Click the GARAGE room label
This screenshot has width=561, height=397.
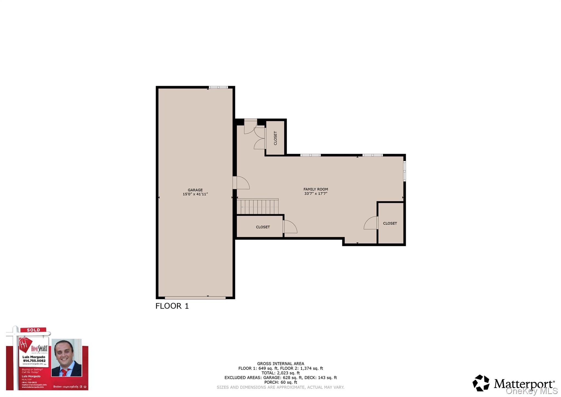tap(195, 190)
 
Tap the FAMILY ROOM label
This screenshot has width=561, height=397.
tap(316, 189)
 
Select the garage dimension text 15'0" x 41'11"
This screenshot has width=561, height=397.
tap(195, 194)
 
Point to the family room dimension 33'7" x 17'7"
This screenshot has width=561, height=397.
tap(316, 193)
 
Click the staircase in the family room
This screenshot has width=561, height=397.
tap(257, 207)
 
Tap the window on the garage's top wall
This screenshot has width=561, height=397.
tap(218, 87)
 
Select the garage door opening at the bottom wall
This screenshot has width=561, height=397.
tap(195, 298)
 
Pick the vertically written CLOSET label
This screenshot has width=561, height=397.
tap(275, 138)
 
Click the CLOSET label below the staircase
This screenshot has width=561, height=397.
tap(263, 227)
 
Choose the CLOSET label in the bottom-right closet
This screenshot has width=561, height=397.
tap(390, 223)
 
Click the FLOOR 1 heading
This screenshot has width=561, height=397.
tap(172, 306)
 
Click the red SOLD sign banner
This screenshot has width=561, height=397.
tap(33, 330)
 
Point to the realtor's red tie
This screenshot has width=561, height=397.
tap(65, 372)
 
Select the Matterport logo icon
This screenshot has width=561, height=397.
tap(481, 383)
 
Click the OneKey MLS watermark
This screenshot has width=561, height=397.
tap(531, 391)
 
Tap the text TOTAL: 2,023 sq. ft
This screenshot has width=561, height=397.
tap(280, 373)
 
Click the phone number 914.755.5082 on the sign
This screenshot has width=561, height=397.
tap(34, 361)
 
